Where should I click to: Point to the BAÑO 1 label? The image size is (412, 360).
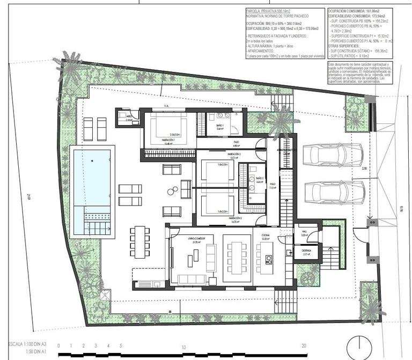(x=220, y=127)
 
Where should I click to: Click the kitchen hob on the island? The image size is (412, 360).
(x=268, y=260)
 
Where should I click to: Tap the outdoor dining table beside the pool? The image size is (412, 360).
(x=140, y=241)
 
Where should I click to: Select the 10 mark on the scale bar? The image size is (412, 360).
(x=183, y=347)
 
